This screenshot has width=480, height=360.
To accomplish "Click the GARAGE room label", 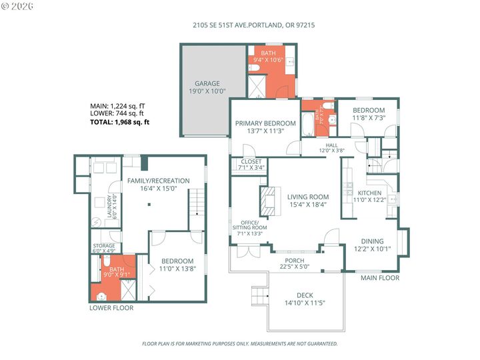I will tap(207, 84).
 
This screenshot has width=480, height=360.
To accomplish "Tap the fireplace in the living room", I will tap(267, 201).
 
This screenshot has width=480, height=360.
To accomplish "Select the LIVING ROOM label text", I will tap(308, 197).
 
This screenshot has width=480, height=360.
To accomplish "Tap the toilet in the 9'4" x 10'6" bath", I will tap(257, 69).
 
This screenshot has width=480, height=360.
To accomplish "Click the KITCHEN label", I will tap(369, 193).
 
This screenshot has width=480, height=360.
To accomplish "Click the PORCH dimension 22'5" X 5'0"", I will tap(295, 268).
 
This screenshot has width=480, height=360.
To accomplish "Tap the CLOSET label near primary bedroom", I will tap(251, 161).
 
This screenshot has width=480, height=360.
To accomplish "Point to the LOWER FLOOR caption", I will tap(111, 308).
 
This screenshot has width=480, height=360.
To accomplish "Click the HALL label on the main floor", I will tap(331, 145).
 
